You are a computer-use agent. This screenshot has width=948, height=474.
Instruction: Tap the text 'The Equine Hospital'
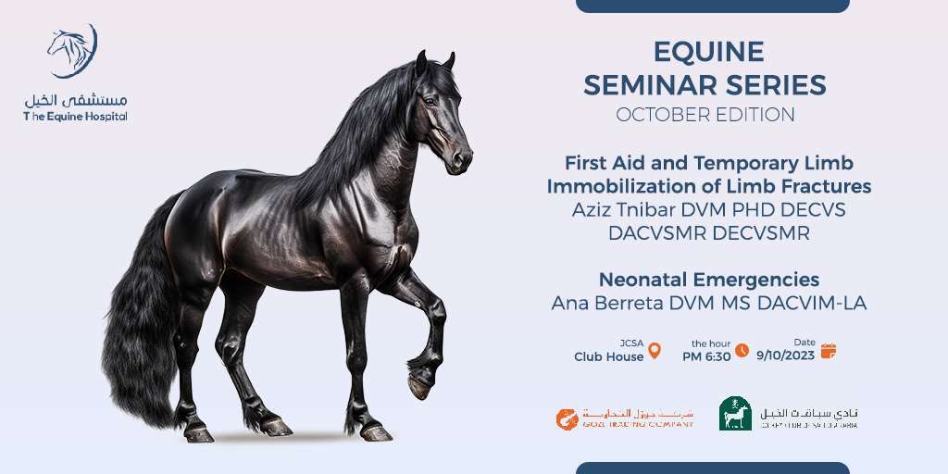75,117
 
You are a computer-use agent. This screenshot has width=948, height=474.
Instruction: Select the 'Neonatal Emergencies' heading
708,280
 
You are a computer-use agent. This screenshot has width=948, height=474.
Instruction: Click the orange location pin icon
655,351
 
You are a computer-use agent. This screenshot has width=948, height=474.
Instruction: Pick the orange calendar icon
828,351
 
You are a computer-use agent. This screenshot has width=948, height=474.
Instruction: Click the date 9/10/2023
786,355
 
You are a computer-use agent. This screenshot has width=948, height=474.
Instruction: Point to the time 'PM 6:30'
706,355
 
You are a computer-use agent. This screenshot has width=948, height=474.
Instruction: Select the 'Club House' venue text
608,356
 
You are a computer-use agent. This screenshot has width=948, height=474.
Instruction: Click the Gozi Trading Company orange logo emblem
567,418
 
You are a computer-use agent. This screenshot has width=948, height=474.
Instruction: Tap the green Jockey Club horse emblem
735,414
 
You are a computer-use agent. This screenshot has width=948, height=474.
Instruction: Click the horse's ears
434,63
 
